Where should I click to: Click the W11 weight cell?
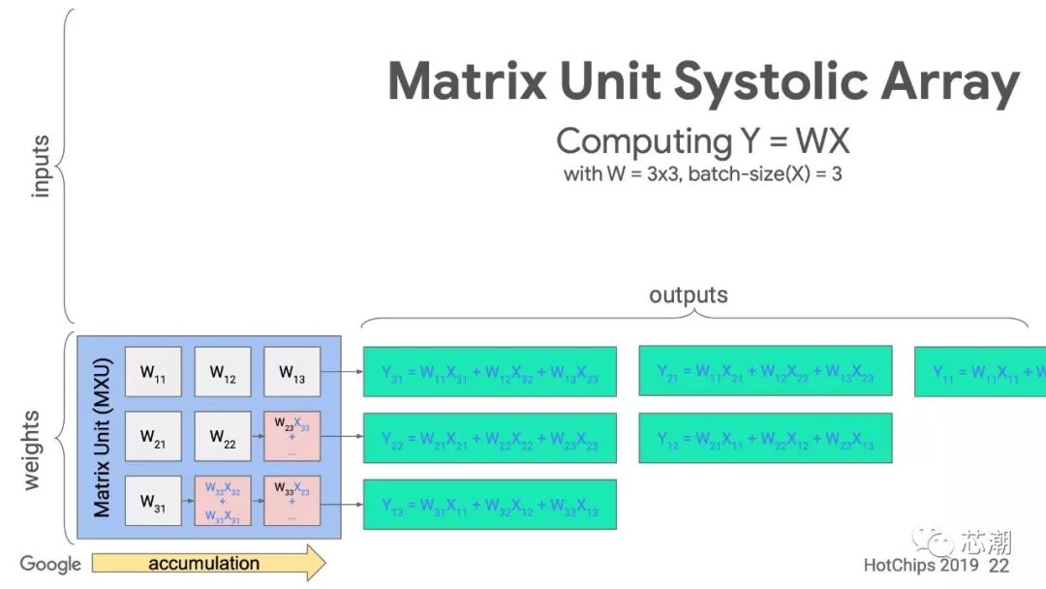153,372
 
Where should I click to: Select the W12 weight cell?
223,372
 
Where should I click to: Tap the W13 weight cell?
292,372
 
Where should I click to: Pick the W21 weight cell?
153,437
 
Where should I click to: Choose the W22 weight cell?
223,437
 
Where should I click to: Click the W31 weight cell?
153,502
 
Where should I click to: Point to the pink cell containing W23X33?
292,437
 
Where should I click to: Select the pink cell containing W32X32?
223,502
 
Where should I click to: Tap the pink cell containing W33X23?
292,502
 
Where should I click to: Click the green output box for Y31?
490,371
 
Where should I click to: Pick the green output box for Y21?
765,371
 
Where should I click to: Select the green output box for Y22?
490,438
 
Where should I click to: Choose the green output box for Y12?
765,438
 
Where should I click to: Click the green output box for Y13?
490,505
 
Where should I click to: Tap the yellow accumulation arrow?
208,563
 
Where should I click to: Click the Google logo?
50,564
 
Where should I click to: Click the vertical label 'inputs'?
41,167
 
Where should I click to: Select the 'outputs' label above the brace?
688,294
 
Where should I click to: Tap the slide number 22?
1000,565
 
